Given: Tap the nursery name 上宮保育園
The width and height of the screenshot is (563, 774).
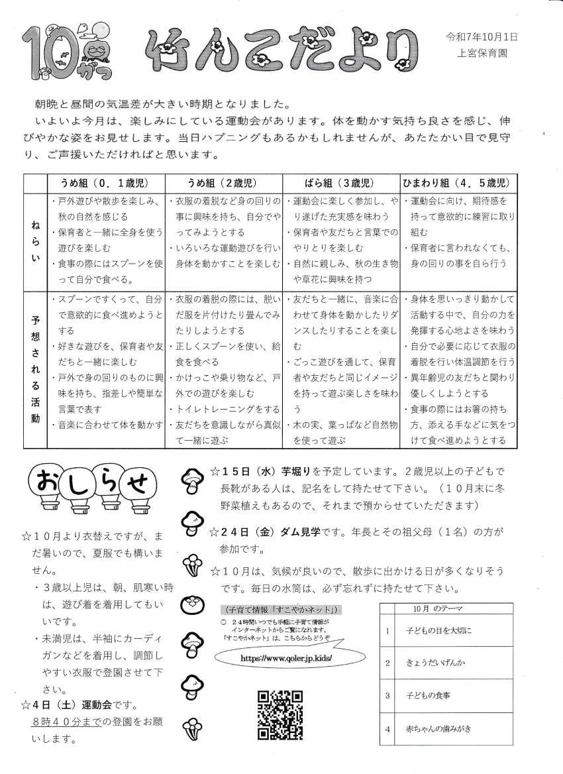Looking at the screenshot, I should (482, 54).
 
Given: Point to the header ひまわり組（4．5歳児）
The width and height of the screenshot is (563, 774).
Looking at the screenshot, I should (458, 184).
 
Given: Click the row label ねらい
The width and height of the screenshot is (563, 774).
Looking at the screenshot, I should (35, 242).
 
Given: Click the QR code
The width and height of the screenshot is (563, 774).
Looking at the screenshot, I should (280, 714).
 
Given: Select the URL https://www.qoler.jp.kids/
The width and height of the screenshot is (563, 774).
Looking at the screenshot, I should (286, 659).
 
